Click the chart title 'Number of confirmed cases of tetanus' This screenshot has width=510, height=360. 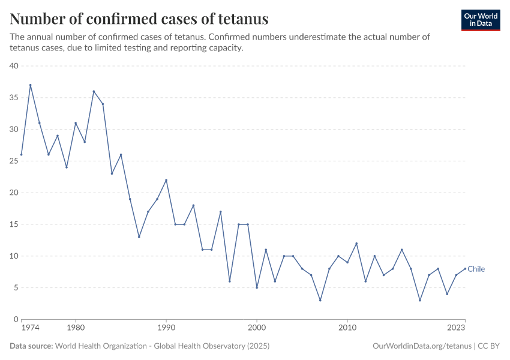click(139, 19)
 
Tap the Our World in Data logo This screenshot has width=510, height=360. click(480, 20)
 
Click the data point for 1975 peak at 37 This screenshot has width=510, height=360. click(30, 85)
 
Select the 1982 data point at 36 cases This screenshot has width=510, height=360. click(94, 91)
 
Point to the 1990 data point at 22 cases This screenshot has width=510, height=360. click(166, 180)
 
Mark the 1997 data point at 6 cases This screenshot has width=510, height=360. click(230, 281)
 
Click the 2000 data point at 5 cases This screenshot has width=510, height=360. click(257, 287)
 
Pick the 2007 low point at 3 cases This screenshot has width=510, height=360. click(320, 300)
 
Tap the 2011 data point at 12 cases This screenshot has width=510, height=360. click(356, 243)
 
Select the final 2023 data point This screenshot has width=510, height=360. click(465, 269)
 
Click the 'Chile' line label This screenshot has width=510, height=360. click(476, 269)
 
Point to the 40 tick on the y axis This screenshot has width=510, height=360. click(14, 66)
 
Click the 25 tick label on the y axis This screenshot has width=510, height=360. click(14, 161)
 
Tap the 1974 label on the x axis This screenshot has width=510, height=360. click(30, 328)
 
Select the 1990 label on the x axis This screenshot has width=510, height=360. click(166, 328)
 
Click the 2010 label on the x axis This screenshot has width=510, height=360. click(347, 328)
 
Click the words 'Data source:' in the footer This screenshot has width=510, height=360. click(31, 346)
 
